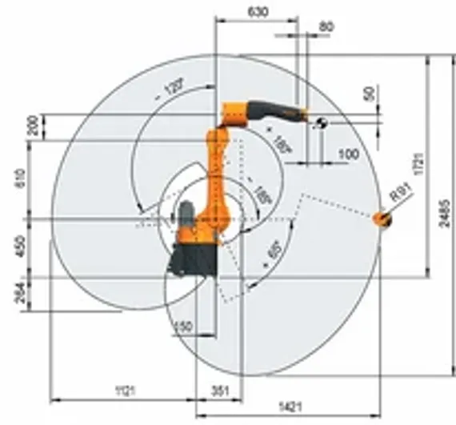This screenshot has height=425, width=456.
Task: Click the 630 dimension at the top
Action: (258, 12)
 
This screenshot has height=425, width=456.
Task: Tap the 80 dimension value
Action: (326, 26)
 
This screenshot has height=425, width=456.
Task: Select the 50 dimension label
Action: (370, 93)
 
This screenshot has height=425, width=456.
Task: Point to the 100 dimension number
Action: (348, 153)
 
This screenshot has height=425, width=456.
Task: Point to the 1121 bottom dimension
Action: (124, 391)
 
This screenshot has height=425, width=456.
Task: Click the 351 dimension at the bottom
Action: (218, 391)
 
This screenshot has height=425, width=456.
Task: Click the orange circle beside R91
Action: (382, 217)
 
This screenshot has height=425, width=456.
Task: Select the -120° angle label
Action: (170, 88)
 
